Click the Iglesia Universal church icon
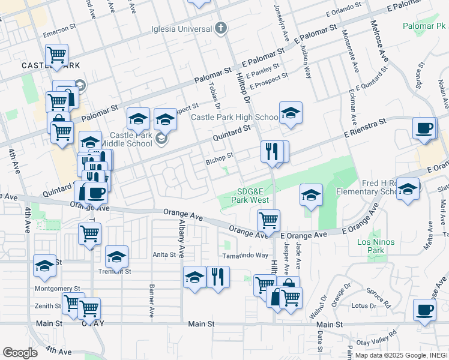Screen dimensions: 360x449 221,28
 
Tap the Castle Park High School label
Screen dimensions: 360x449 234,117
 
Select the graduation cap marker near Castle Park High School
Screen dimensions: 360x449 291,113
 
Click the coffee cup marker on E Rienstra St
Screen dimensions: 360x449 425,128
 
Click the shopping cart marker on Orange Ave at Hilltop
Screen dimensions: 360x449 268,220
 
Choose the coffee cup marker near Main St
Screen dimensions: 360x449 425,310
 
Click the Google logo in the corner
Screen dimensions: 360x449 20,352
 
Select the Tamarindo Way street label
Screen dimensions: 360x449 245,255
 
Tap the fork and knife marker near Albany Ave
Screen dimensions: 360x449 218,277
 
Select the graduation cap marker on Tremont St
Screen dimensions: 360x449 116,257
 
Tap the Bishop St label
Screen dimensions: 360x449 219,160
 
